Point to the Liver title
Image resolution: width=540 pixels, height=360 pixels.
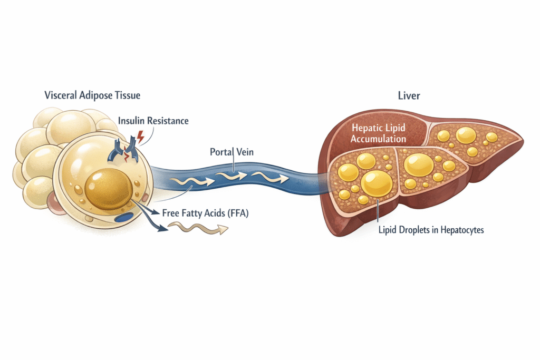[409, 96]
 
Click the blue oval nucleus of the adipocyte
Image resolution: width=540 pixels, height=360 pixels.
[124, 217]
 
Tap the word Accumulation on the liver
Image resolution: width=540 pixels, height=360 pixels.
[379, 139]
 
